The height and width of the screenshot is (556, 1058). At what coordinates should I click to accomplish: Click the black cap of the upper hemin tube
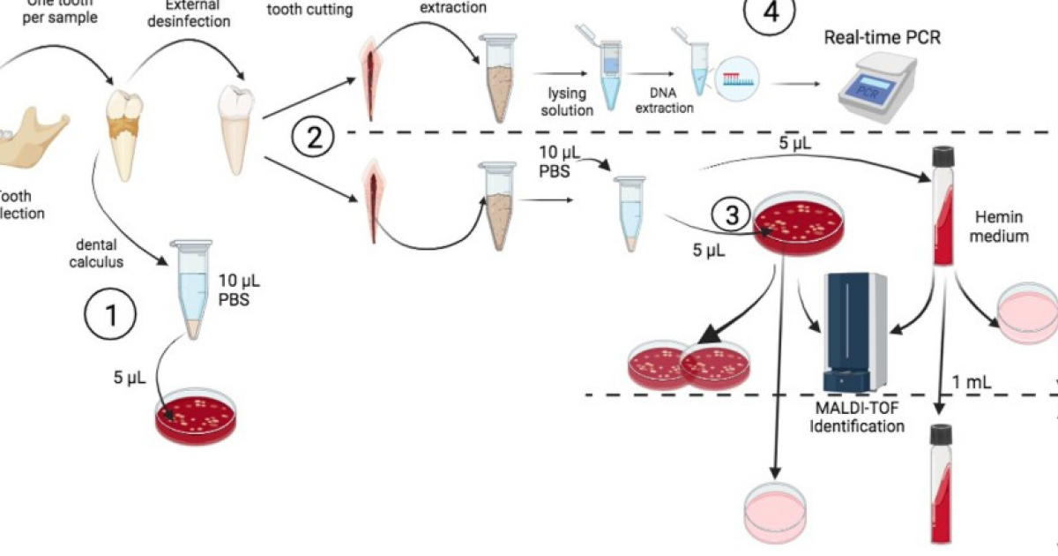943,158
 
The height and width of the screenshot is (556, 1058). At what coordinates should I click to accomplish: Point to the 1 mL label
972,381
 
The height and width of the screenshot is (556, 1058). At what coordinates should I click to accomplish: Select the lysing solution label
568,101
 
